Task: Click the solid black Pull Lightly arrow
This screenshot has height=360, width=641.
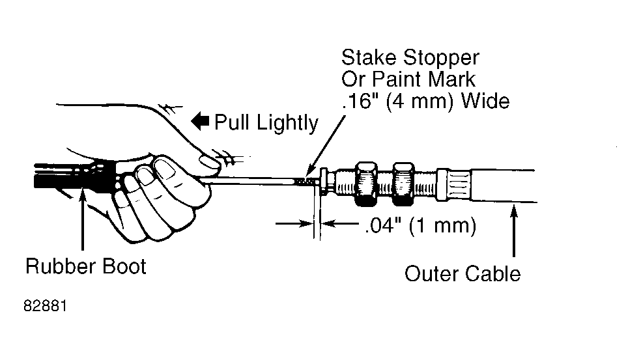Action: (200, 121)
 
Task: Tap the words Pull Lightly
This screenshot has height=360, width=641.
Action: (266, 123)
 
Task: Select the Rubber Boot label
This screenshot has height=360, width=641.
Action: (86, 266)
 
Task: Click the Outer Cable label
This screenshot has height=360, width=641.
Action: (463, 274)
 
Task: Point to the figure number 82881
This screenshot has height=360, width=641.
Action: (46, 306)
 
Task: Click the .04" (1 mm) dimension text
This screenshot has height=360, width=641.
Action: (420, 226)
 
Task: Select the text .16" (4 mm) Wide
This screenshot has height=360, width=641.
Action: (425, 101)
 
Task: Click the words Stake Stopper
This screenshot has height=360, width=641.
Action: (410, 58)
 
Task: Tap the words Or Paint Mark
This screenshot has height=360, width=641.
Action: (408, 79)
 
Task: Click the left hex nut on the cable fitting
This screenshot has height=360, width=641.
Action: (366, 184)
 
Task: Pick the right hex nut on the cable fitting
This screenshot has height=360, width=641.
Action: (403, 184)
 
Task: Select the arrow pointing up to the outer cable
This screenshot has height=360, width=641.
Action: (514, 230)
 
